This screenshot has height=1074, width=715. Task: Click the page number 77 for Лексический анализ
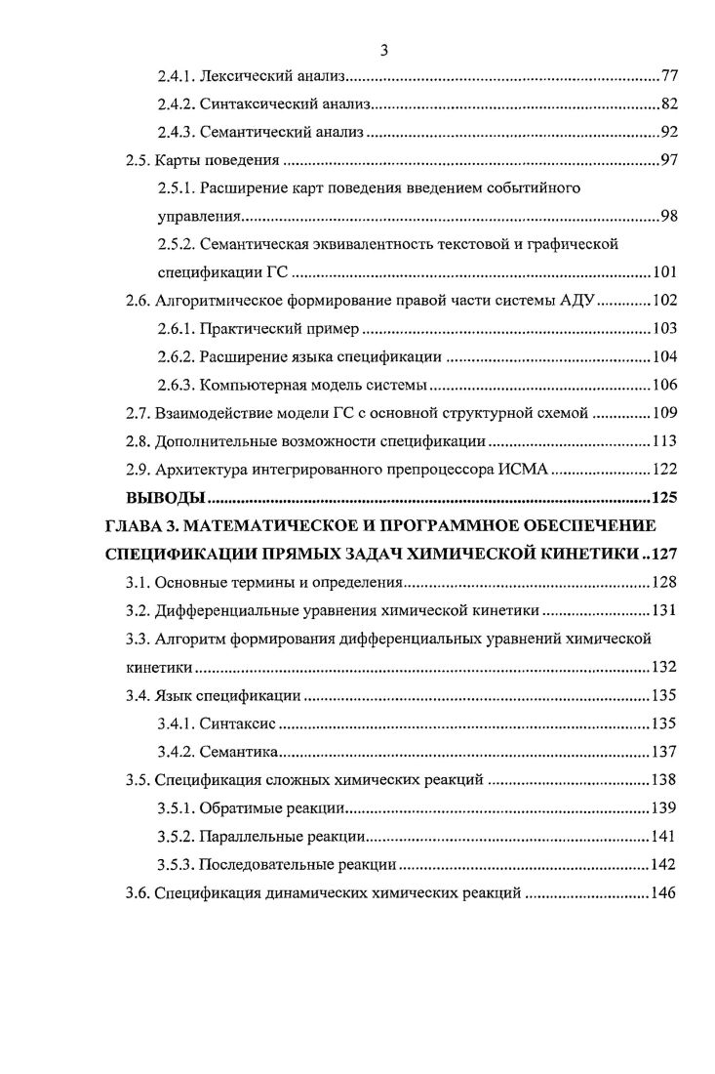pos(669,75)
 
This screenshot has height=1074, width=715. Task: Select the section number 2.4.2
pos(177,103)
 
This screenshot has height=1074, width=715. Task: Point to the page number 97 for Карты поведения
pos(669,160)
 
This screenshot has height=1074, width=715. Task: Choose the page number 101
pos(665,272)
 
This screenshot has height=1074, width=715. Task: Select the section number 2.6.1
pos(177,329)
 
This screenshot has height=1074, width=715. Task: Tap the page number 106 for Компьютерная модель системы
pos(665,385)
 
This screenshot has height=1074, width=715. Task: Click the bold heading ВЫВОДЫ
pos(165,498)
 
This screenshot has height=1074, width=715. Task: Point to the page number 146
pos(665,893)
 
